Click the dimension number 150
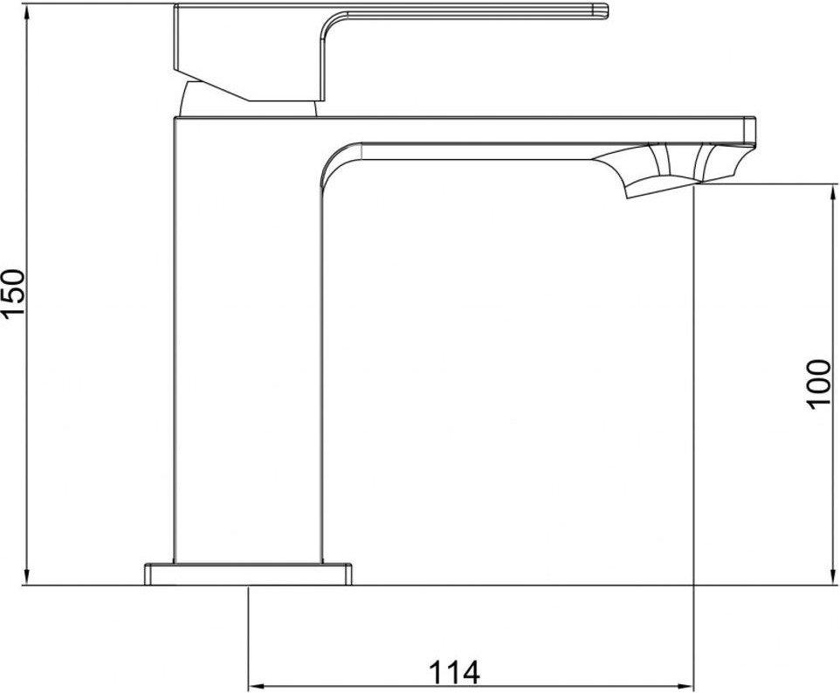tap(17, 294)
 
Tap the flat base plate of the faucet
tap(250, 574)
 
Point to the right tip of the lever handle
tap(602, 10)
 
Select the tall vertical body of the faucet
tap(249, 350)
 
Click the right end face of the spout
tap(749, 131)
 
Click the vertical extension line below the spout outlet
tap(693, 393)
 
